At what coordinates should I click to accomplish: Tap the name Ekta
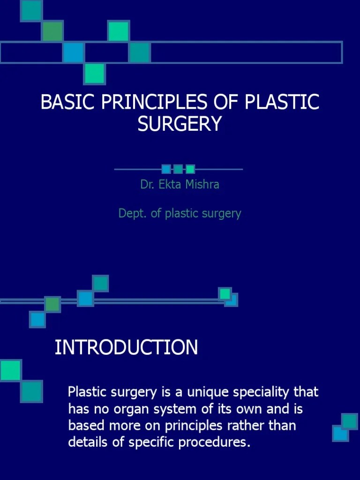click(x=168, y=184)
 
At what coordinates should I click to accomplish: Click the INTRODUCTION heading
click(x=126, y=348)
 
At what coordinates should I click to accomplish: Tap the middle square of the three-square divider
click(x=178, y=169)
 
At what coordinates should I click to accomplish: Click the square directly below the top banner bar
click(x=95, y=74)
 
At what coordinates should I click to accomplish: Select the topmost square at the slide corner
click(x=31, y=10)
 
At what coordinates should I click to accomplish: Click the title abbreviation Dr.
click(x=147, y=184)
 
